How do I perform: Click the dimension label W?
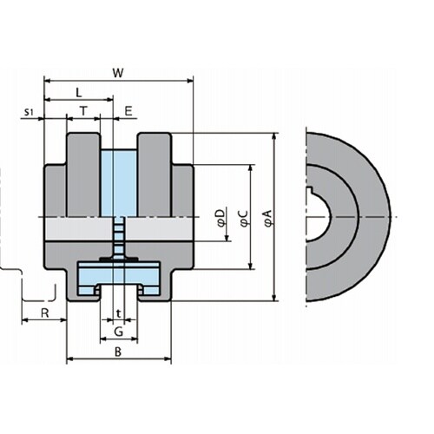(x=118, y=73)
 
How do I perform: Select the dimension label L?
(x=79, y=93)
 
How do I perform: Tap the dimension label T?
(x=83, y=111)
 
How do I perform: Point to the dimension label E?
(x=128, y=111)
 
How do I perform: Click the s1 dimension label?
(x=29, y=112)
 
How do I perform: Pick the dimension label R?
(x=45, y=313)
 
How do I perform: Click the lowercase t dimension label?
(x=118, y=313)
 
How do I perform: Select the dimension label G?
(x=119, y=332)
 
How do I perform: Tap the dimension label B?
(x=118, y=352)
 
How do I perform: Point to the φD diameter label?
(x=221, y=218)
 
